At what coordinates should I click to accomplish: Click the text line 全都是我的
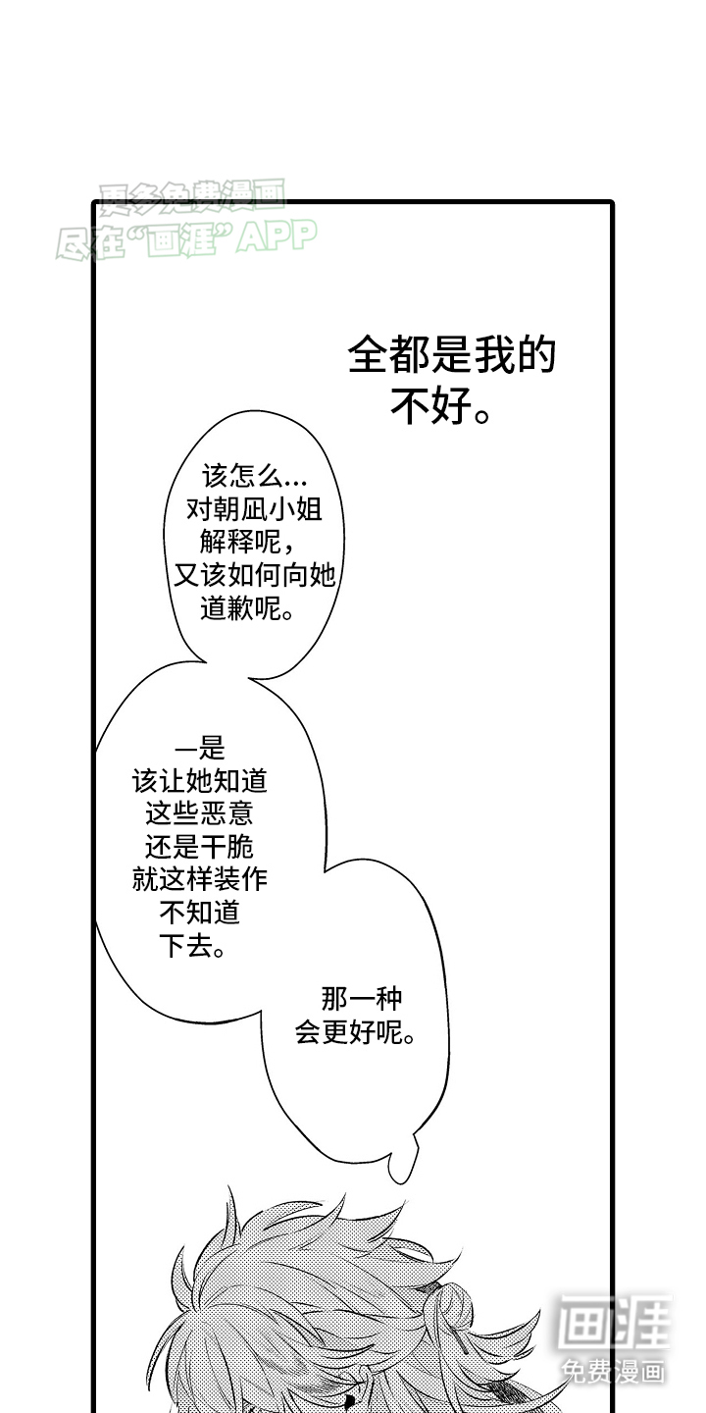coord(451,354)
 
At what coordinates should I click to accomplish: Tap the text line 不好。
coord(440,406)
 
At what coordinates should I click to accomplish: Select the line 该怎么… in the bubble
coord(254,476)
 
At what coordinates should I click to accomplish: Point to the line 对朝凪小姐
coord(254,509)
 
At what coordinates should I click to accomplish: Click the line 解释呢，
coord(247,542)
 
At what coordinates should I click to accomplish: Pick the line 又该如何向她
coord(254,575)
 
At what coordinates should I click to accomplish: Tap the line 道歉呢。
coord(247,608)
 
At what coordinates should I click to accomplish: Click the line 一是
coord(199,749)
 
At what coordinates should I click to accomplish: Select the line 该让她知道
coord(199,781)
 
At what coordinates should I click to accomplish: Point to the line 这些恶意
coord(199,813)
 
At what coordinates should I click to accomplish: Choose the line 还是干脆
coord(199,847)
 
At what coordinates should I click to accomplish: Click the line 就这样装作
coord(199,879)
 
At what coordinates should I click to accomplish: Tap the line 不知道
coord(199,913)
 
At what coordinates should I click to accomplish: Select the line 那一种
coord(361,999)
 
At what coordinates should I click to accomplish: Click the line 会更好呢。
coord(355,1032)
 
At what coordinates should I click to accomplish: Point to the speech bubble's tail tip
coord(398,1182)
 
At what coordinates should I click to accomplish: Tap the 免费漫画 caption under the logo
coord(613,1370)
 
